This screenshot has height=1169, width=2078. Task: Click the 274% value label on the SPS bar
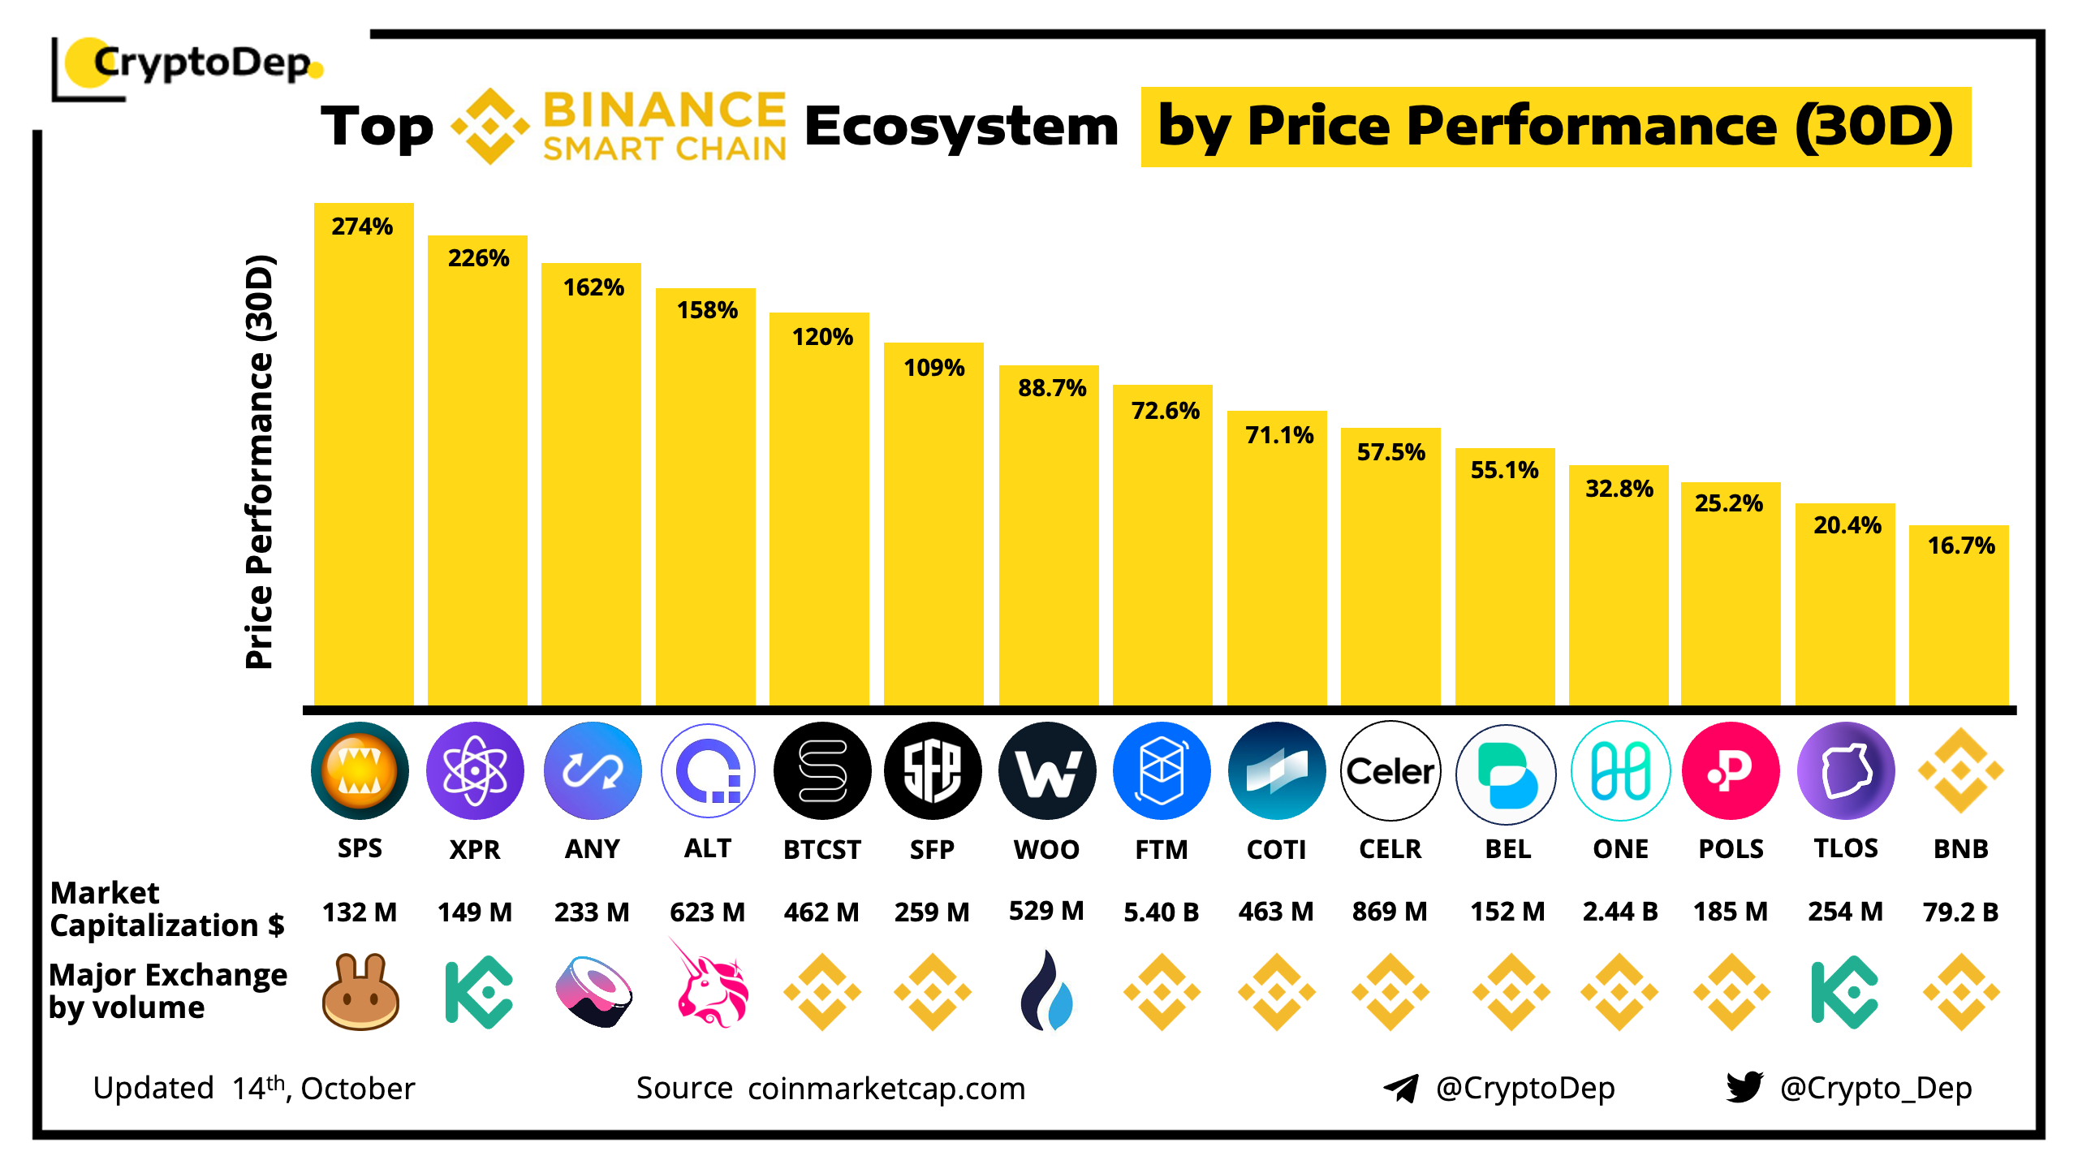362,226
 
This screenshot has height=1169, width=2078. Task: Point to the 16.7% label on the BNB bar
1961,546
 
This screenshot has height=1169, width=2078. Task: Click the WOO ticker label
1046,849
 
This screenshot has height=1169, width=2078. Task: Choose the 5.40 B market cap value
1161,912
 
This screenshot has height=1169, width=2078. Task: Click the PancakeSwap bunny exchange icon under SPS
360,992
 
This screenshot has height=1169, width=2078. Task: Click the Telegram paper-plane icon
1401,1089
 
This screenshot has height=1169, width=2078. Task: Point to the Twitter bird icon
1744,1087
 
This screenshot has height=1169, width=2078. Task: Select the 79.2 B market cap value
1960,912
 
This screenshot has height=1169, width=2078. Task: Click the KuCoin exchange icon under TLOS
1844,992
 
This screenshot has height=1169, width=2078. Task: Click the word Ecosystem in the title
961,127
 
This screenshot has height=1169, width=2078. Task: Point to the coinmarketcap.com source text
886,1089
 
